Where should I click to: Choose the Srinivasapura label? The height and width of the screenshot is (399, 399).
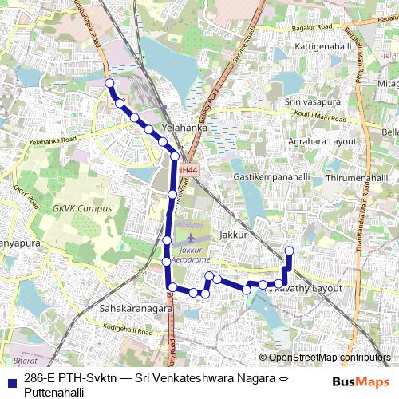click(x=312, y=102)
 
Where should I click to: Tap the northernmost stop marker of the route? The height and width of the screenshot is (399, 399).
click(x=109, y=83)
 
